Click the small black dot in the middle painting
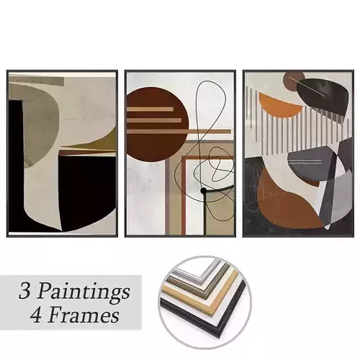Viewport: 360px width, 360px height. click(204, 191)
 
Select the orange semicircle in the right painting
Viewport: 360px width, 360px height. click(279, 106)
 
